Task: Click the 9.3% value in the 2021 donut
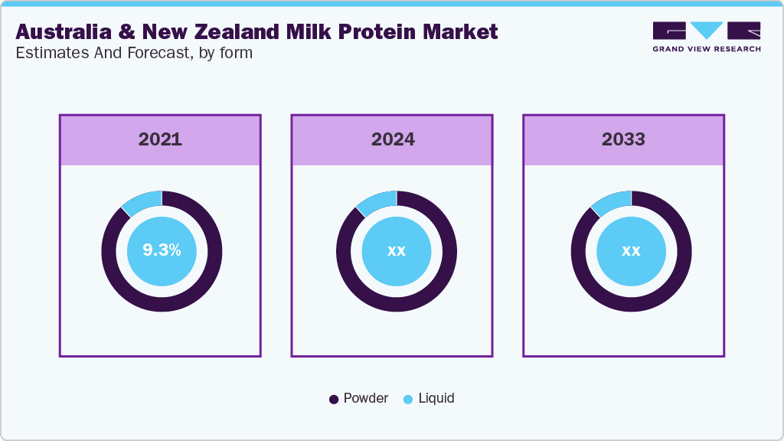point(162,250)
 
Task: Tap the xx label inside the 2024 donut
point(396,250)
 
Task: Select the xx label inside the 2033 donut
point(631,250)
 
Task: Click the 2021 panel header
point(160,139)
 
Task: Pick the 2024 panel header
point(393,139)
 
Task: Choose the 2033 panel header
point(623,139)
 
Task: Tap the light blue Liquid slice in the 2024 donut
point(378,201)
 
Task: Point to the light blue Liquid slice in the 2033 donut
point(612,201)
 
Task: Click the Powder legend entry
point(365,398)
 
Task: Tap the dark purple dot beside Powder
point(334,399)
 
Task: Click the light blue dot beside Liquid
point(408,399)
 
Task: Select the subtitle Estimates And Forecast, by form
point(134,54)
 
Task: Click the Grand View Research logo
point(706,37)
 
